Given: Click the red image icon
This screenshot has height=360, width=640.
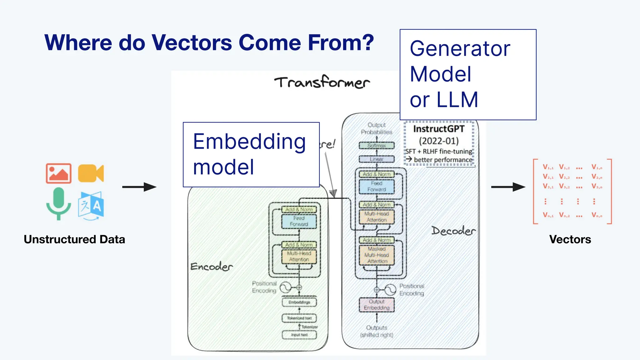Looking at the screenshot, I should point(58,173).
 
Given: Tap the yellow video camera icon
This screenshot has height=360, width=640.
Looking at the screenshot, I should point(91,173).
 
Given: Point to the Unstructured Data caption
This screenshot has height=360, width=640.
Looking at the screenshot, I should point(74,239).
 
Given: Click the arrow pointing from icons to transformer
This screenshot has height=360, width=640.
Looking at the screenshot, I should point(139,187).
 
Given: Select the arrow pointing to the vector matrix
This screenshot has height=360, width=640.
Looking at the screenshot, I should point(508,187).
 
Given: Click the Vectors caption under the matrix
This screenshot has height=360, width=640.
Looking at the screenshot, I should point(570,239).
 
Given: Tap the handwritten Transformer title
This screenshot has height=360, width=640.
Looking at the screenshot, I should point(322,82).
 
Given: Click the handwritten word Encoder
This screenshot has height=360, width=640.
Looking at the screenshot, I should point(212,267).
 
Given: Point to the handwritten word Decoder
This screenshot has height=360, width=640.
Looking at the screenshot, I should point(453,231).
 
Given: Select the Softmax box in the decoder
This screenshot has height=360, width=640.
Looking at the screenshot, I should point(377,146).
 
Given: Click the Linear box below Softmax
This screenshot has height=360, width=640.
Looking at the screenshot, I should point(377,159).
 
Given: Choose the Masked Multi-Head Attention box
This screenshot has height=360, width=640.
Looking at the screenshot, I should point(377,255).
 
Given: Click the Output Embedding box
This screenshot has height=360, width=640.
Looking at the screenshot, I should point(377,305).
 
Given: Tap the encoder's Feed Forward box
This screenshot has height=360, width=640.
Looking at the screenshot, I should point(299,221).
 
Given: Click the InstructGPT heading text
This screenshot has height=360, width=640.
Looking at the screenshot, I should point(439,129).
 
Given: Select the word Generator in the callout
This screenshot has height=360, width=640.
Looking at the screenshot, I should point(460,49).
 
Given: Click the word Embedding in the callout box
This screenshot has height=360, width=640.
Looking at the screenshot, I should point(249,142).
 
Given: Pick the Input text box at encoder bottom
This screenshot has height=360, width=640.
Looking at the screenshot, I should point(299,335).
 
